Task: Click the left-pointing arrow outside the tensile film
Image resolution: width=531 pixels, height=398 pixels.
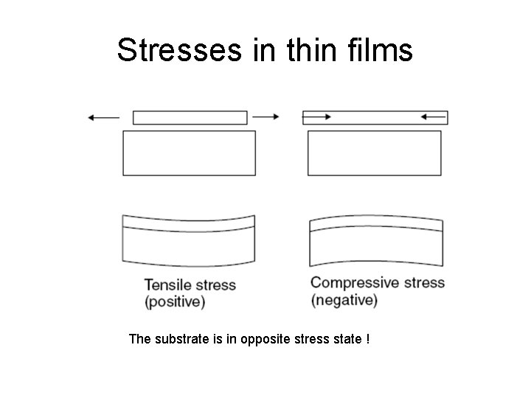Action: [x=103, y=116]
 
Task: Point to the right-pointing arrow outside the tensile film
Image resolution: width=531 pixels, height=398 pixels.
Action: [x=265, y=116]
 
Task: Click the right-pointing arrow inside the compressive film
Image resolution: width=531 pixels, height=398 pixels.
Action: [x=318, y=116]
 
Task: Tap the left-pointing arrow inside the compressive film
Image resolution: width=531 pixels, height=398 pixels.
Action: [x=433, y=116]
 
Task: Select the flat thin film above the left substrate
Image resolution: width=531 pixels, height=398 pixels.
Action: [x=190, y=117]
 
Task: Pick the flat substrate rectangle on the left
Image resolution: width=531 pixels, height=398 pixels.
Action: [x=189, y=153]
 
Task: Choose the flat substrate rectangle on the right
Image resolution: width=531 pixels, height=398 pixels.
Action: [x=374, y=153]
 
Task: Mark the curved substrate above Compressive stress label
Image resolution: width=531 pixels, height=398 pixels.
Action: [x=377, y=247]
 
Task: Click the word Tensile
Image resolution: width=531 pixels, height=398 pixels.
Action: [x=167, y=285]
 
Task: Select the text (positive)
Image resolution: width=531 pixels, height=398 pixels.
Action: [x=175, y=301]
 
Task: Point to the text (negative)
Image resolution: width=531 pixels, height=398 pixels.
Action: [x=344, y=300]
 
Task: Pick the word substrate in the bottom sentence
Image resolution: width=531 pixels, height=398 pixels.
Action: [x=177, y=339]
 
